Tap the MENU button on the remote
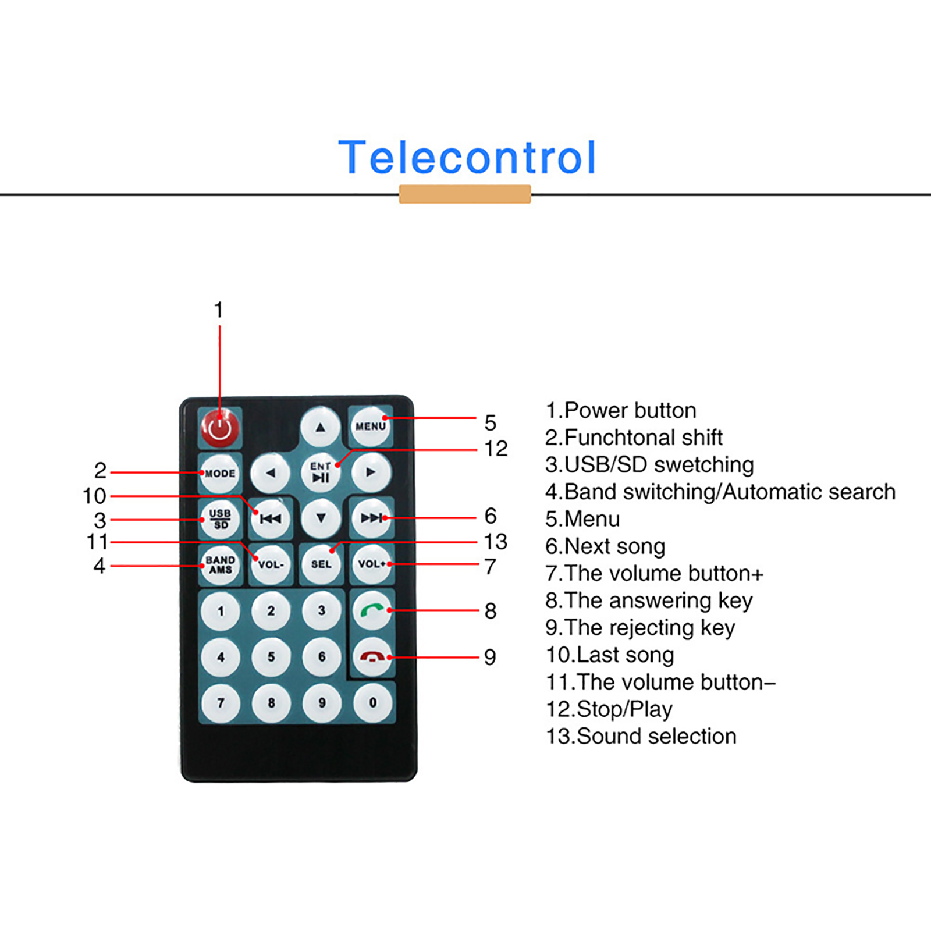[371, 426]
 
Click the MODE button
[220, 473]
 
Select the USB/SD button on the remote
[220, 518]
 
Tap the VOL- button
[271, 564]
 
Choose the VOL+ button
[372, 564]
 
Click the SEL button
[321, 564]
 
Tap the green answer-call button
[372, 610]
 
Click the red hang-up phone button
[372, 656]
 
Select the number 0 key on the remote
[372, 702]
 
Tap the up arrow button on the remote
[320, 427]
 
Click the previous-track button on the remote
[271, 518]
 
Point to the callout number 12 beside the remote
[496, 449]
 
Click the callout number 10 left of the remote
[94, 496]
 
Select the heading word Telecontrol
[467, 157]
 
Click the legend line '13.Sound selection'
[641, 736]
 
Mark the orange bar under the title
[465, 194]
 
